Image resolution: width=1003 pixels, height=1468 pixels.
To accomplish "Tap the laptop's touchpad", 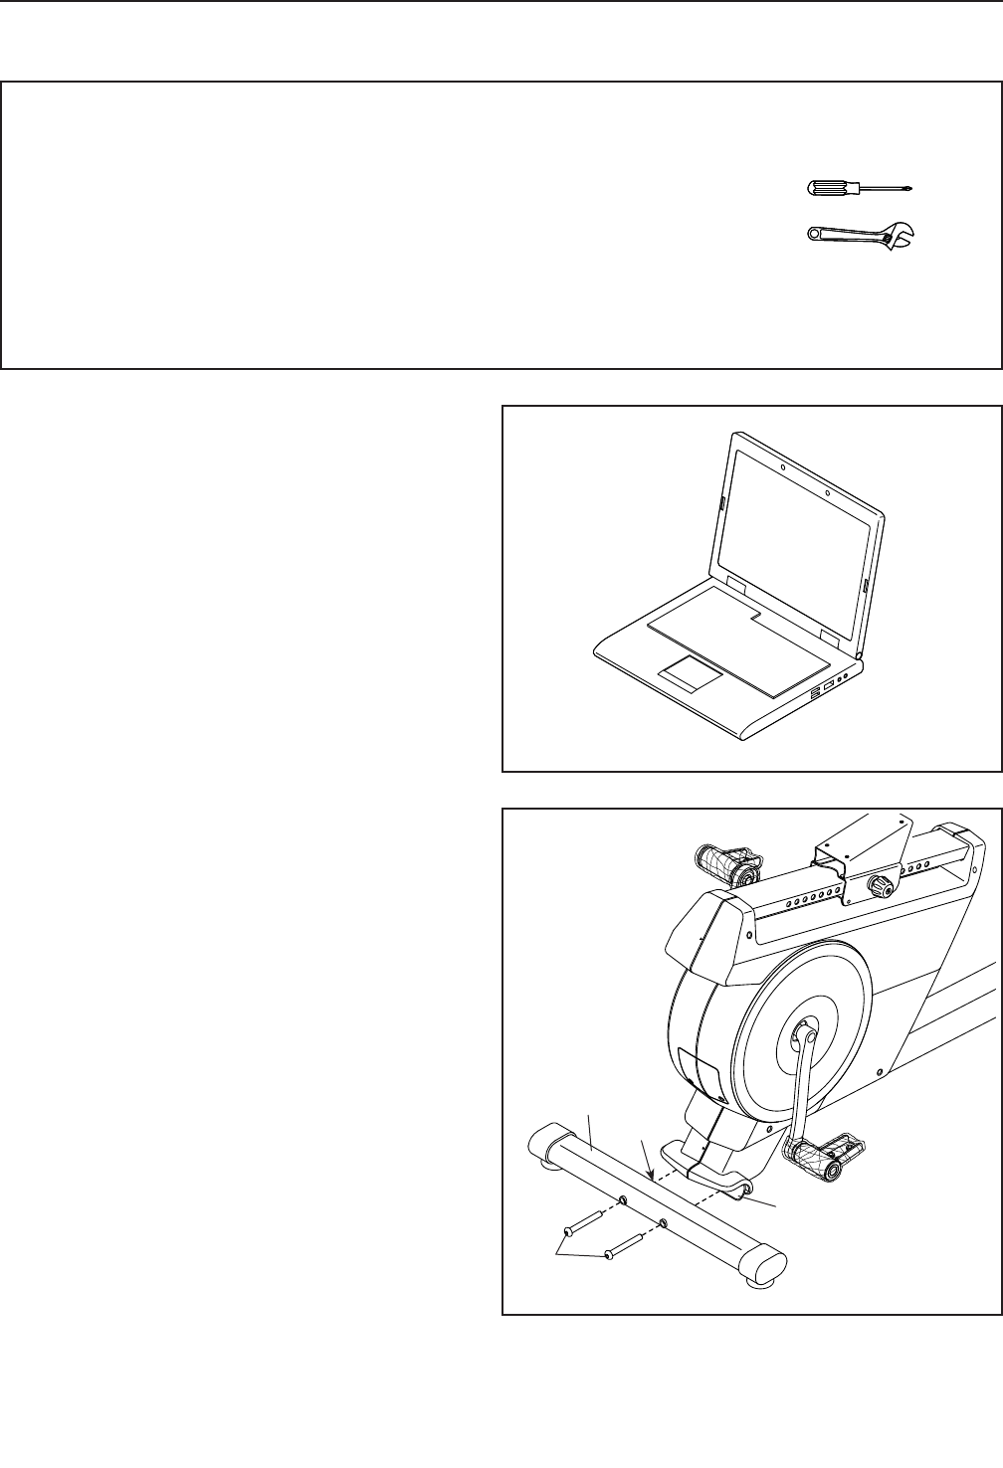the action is coord(688,674).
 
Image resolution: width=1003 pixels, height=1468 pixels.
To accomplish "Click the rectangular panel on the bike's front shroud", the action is coord(701,1072).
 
